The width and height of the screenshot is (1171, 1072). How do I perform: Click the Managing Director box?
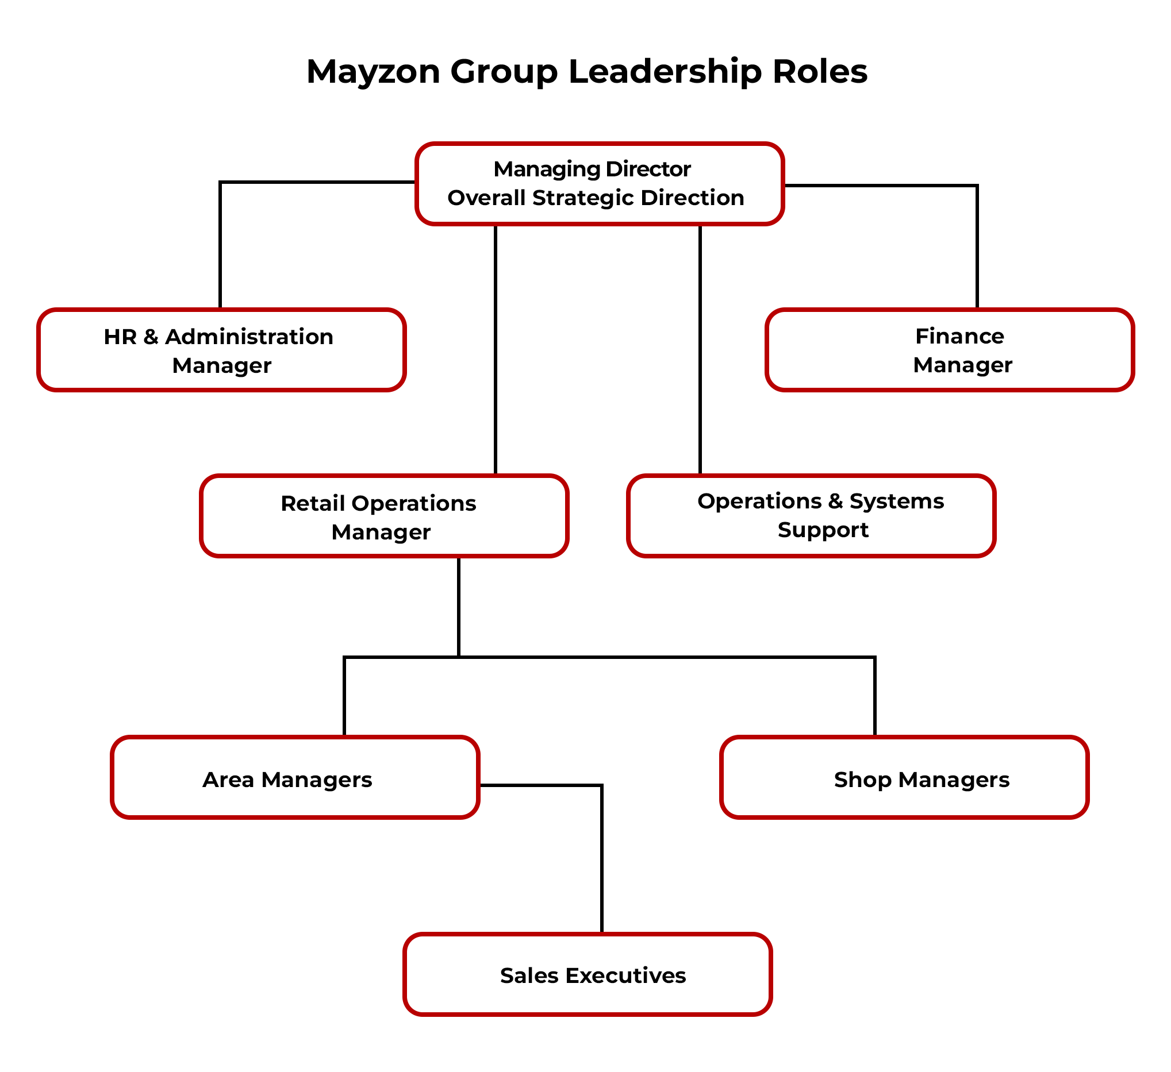[600, 183]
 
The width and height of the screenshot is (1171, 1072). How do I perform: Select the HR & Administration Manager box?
[221, 350]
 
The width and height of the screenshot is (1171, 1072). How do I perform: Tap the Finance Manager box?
[949, 350]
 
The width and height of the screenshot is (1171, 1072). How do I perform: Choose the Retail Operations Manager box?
[384, 516]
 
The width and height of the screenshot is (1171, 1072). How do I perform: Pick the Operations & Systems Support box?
[811, 516]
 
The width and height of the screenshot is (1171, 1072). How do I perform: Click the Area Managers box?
[295, 778]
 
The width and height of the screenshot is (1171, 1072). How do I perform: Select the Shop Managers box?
[904, 778]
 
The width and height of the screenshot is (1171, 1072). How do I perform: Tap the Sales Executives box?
[588, 975]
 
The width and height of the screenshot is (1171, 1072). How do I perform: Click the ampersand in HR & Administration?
[151, 337]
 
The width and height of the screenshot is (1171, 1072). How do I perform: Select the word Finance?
[959, 336]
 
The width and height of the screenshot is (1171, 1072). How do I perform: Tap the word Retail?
[312, 503]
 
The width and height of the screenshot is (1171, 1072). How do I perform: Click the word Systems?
[896, 501]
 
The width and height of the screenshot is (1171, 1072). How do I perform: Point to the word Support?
[823, 530]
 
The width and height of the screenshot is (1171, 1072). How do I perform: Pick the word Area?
[228, 780]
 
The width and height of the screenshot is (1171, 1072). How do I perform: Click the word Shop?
[862, 780]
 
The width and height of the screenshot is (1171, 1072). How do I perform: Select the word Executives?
[625, 975]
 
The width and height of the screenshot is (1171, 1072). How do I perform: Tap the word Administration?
[249, 337]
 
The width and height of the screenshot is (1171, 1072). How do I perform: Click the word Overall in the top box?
[486, 198]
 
